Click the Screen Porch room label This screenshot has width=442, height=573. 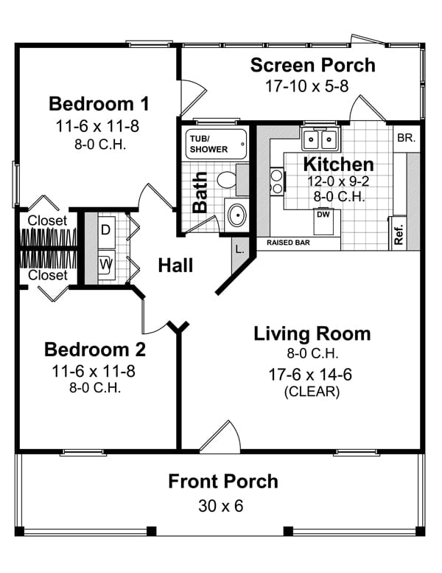click(312, 65)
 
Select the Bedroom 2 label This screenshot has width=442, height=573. click(95, 349)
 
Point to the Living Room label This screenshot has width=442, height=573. click(312, 333)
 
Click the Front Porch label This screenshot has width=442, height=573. click(223, 482)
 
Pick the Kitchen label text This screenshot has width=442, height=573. click(339, 164)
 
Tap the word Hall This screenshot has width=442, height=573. click(176, 265)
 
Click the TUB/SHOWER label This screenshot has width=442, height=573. click(209, 144)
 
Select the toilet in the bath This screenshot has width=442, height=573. click(226, 179)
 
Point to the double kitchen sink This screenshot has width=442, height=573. click(320, 138)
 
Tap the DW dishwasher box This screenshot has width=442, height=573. click(323, 215)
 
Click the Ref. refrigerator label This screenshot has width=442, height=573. click(399, 233)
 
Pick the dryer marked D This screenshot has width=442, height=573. click(105, 229)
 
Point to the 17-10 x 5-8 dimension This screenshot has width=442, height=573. click(307, 86)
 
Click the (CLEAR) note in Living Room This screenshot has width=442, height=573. click(312, 392)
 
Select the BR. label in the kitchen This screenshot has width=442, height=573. click(406, 138)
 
